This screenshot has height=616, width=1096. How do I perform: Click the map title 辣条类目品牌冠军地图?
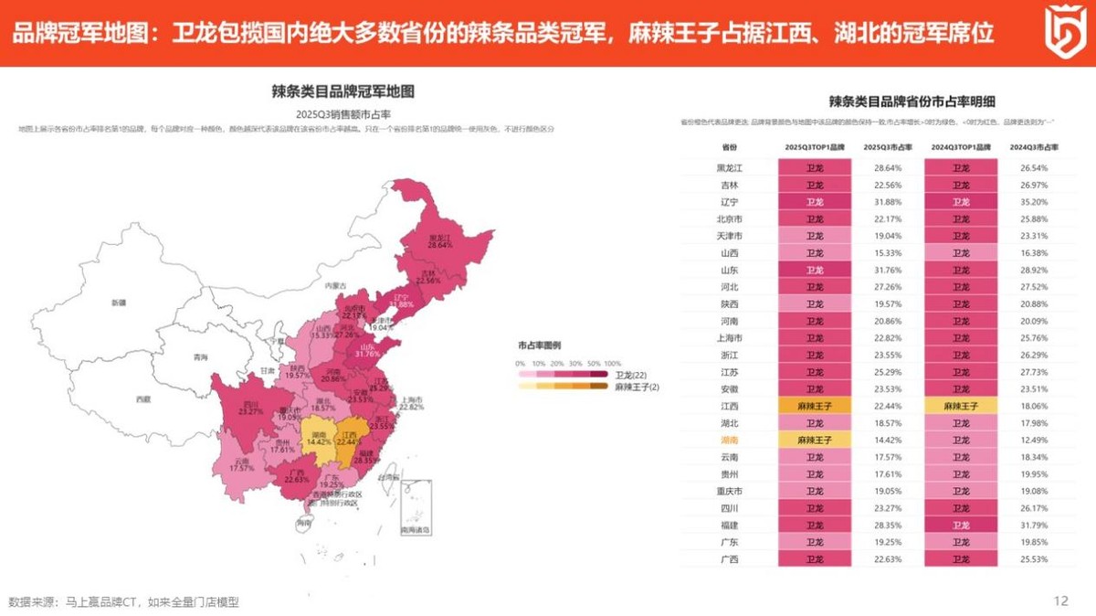pos(343,91)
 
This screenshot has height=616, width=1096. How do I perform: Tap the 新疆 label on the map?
pos(118,302)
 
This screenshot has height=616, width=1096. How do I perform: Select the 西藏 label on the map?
pos(142,398)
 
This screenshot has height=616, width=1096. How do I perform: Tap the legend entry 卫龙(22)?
pos(631,375)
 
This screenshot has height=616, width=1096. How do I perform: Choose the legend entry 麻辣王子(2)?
pos(637,387)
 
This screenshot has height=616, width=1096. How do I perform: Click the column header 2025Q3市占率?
pos(887,146)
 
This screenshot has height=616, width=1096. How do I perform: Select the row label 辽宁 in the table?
pos(729,201)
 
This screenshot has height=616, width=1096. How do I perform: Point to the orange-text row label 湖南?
pos(729,440)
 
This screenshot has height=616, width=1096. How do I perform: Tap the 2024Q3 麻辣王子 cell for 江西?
pos(961,406)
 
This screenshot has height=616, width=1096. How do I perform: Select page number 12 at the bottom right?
pos(1060,600)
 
